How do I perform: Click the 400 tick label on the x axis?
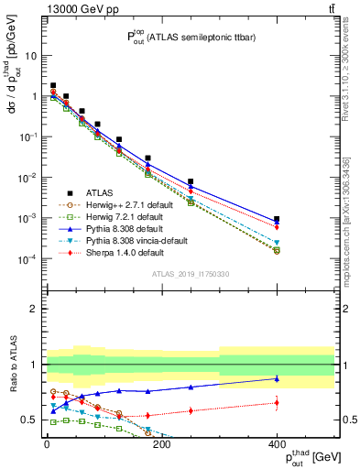[x=277, y=445]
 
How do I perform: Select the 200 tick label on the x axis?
[x=161, y=445]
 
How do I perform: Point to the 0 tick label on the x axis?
[x=46, y=445]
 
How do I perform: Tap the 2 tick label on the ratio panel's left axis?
[x=33, y=309]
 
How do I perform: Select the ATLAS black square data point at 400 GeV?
[x=277, y=220]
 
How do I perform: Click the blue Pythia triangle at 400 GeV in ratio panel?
[x=277, y=377]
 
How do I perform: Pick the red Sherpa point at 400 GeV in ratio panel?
[x=277, y=402]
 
